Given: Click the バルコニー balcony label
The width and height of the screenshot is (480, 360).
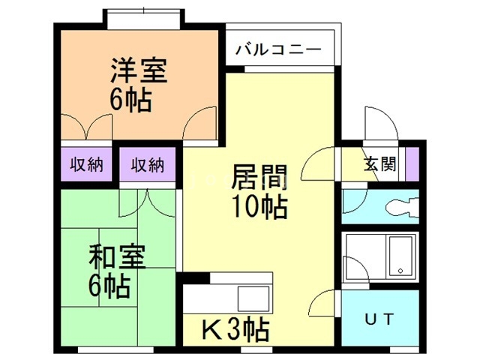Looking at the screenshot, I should pyautogui.click(x=278, y=49).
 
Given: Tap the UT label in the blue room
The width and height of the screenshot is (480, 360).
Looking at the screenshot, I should pyautogui.click(x=379, y=319).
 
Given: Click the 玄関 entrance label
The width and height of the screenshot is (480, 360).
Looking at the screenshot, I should pyautogui.click(x=379, y=164).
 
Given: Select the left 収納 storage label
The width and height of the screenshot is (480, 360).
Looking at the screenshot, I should pyautogui.click(x=86, y=164).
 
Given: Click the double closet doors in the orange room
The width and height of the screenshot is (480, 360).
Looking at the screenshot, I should pyautogui.click(x=87, y=127).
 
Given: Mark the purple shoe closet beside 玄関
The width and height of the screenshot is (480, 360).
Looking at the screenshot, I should pyautogui.click(x=412, y=164).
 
